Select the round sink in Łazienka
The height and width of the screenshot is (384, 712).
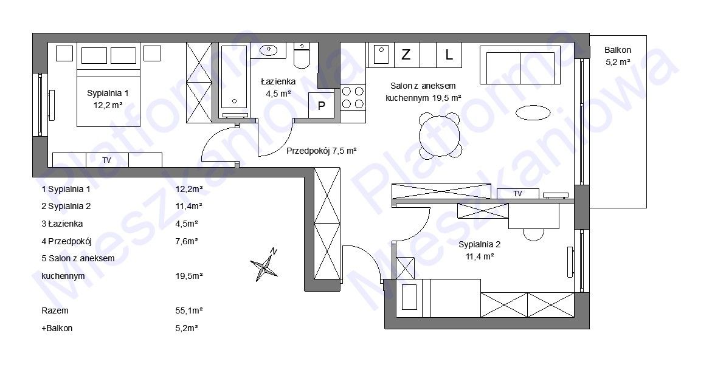tap(269, 49)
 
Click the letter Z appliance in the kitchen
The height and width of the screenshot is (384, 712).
tap(406, 55)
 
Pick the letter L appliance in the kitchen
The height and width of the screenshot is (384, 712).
tap(449, 55)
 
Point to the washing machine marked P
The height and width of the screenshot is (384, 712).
tap(321, 105)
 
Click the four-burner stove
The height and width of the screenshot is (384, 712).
tap(353, 98)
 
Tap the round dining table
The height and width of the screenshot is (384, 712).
tap(440, 136)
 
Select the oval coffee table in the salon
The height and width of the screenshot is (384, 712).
tap(533, 112)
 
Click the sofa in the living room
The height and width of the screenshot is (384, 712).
tap(520, 64)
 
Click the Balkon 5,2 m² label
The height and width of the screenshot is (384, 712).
tap(618, 56)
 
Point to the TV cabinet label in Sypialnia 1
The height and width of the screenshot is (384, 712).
tap(107, 160)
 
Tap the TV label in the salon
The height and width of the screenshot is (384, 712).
tap(517, 194)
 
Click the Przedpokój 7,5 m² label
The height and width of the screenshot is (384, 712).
tap(322, 151)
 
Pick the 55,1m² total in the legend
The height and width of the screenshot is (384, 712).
tap(189, 311)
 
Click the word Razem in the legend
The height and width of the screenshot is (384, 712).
tap(55, 311)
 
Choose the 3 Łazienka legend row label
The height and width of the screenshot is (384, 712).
tap(62, 224)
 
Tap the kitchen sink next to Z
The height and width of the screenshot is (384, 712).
tap(381, 55)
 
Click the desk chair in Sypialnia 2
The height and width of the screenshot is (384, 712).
tap(533, 234)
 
